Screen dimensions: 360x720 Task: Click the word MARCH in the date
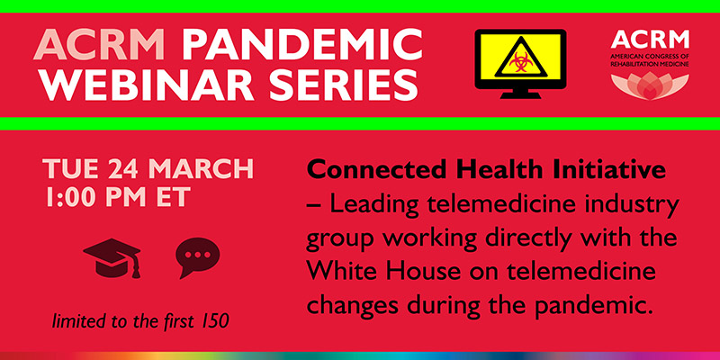(202, 168)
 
